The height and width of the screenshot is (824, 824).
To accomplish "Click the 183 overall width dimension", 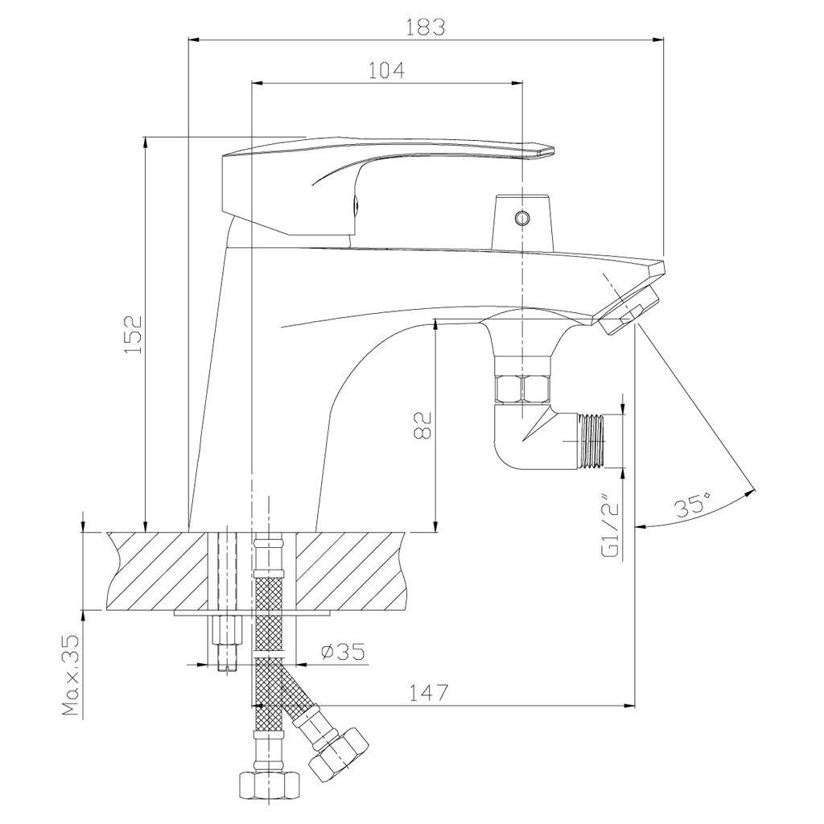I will pyautogui.click(x=425, y=26).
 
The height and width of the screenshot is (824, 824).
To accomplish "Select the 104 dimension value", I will pyautogui.click(x=386, y=70).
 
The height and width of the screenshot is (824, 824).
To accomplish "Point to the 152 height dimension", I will pyautogui.click(x=134, y=333).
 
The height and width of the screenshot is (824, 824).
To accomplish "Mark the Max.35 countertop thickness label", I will pyautogui.click(x=72, y=675).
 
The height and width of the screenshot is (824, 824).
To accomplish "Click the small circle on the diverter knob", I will pyautogui.click(x=522, y=217).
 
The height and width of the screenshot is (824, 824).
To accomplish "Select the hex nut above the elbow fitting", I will pyautogui.click(x=523, y=390).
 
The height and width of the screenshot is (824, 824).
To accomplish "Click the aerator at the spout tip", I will pyautogui.click(x=629, y=311).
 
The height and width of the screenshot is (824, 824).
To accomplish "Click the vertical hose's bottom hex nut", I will pyautogui.click(x=269, y=783).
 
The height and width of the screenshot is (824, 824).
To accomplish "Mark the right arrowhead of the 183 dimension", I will pyautogui.click(x=660, y=39).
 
